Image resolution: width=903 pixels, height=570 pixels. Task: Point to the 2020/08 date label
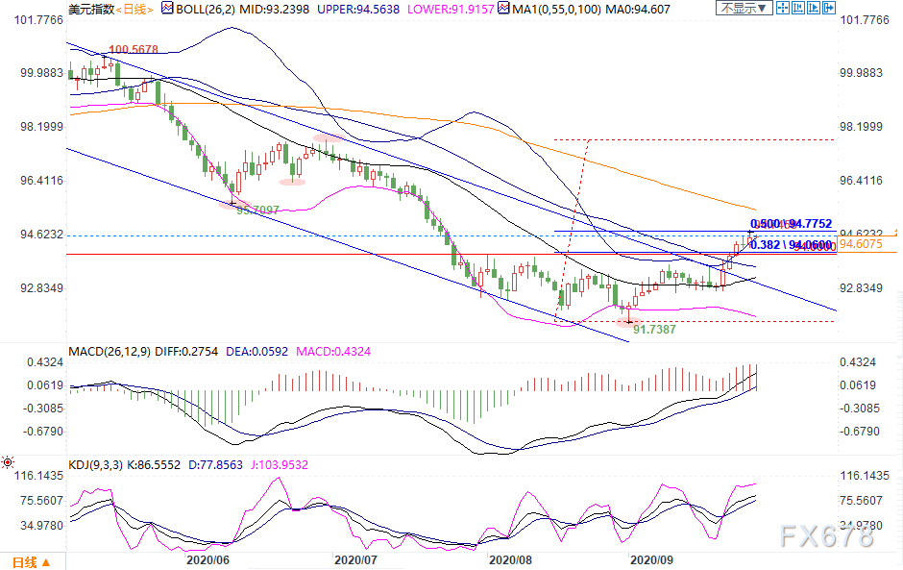pyautogui.click(x=509, y=558)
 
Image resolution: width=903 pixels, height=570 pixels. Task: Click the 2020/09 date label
pyautogui.click(x=653, y=558)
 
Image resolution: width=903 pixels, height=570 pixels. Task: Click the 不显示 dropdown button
pyautogui.click(x=744, y=9)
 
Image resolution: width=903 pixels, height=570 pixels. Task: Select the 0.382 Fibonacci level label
pyautogui.click(x=766, y=245)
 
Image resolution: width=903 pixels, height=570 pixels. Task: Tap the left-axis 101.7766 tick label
pyautogui.click(x=36, y=20)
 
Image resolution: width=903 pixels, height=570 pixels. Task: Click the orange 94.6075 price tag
pyautogui.click(x=860, y=244)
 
